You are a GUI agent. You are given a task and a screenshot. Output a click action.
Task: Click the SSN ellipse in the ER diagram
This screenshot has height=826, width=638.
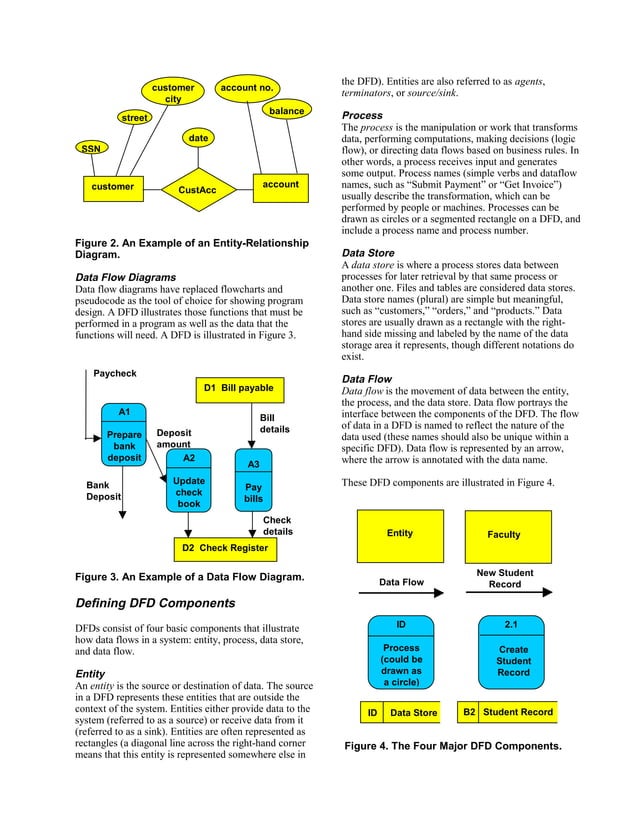click(91, 148)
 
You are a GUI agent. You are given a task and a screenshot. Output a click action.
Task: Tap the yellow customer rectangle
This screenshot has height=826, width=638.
click(112, 186)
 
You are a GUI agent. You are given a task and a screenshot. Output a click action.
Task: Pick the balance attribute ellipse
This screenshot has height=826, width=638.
click(286, 111)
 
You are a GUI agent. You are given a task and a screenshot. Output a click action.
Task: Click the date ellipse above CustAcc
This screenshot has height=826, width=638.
click(198, 137)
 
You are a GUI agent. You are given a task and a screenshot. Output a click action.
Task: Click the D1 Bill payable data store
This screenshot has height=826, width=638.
click(238, 388)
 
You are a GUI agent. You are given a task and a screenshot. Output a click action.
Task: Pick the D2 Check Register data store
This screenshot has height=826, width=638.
click(224, 547)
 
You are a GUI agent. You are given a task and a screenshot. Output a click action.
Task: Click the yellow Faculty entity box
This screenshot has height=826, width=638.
click(504, 535)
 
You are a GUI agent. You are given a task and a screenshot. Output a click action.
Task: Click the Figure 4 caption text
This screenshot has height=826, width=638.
click(452, 746)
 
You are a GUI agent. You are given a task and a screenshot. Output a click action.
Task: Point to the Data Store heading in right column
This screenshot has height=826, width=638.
click(368, 254)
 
